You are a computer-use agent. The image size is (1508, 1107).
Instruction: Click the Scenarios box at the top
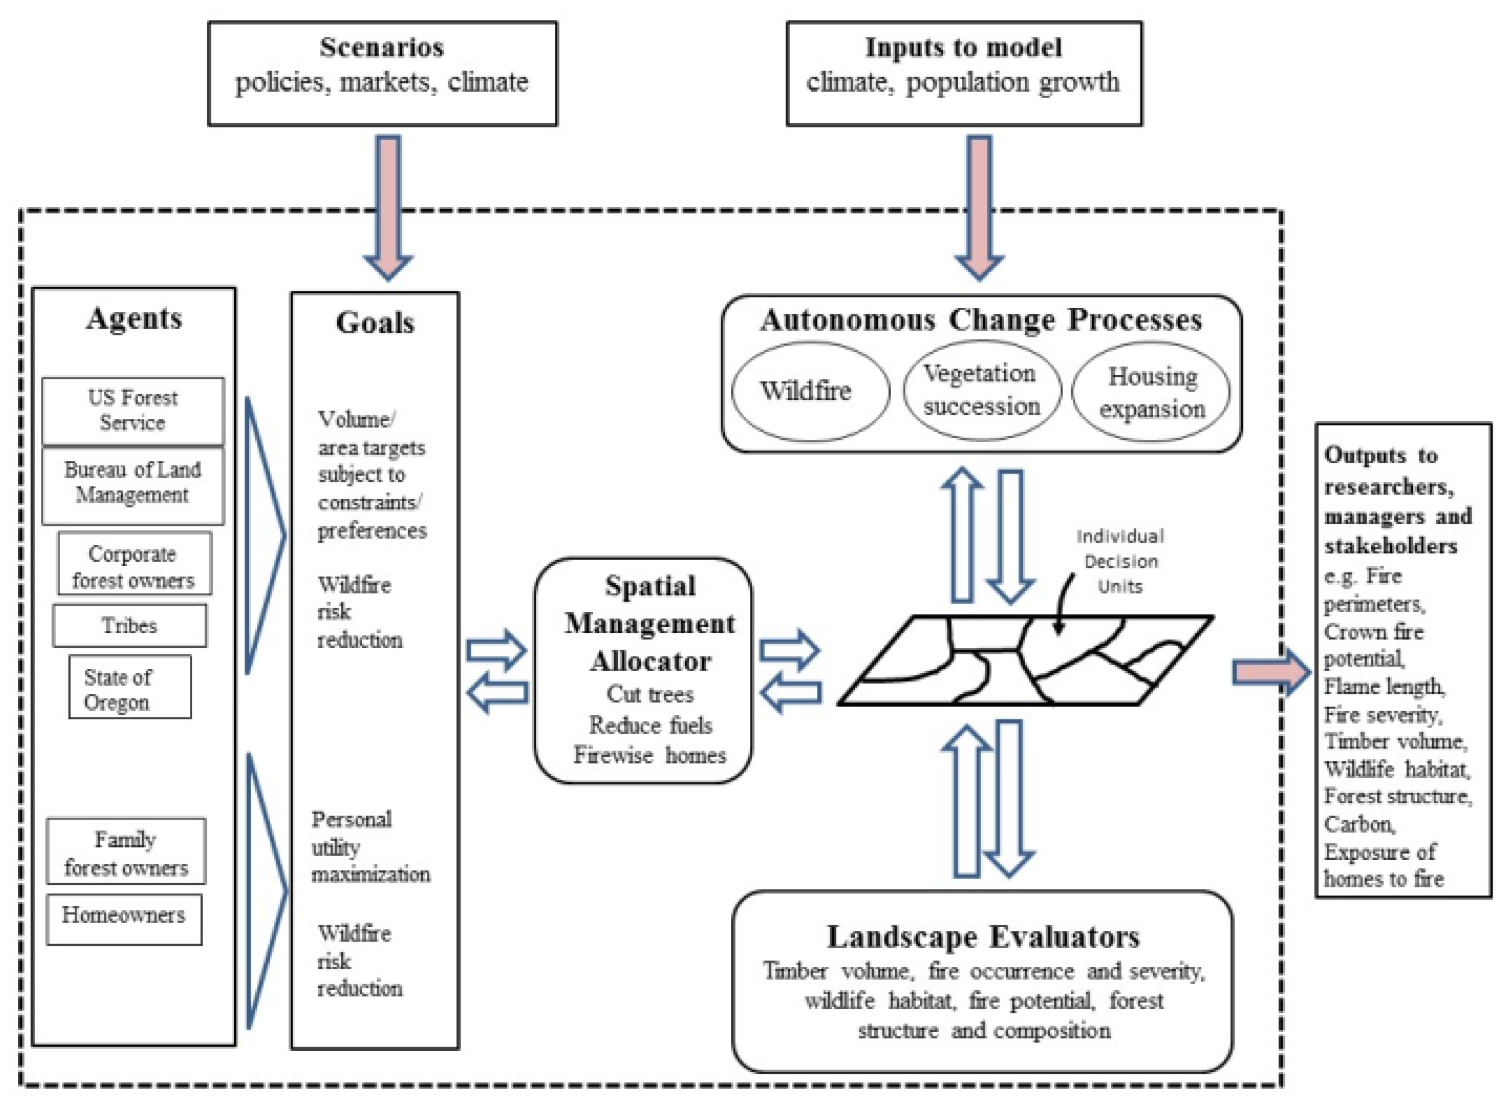click(x=383, y=74)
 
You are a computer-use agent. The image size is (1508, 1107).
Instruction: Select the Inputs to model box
click(x=964, y=74)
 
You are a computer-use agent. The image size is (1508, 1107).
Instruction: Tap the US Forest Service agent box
click(x=133, y=411)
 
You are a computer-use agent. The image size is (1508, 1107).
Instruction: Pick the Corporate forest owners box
click(x=135, y=564)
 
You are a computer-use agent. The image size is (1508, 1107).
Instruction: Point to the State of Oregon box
click(x=130, y=687)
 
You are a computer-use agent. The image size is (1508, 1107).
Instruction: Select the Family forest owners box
click(x=126, y=851)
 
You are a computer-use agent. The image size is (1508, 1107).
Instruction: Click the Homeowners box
click(x=124, y=919)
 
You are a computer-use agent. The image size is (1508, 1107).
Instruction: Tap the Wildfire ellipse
click(x=811, y=392)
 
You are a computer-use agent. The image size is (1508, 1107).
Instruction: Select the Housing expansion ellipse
click(x=1151, y=392)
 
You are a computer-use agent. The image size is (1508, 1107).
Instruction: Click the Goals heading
click(x=375, y=323)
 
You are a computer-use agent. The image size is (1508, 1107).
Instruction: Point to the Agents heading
click(x=134, y=319)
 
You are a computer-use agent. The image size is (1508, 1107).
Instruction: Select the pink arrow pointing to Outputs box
click(x=1271, y=672)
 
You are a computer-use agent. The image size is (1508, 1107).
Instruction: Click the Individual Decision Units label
click(x=1120, y=561)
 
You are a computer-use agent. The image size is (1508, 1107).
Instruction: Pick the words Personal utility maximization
click(x=370, y=847)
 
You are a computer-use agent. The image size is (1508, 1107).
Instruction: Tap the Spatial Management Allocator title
click(x=650, y=624)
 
